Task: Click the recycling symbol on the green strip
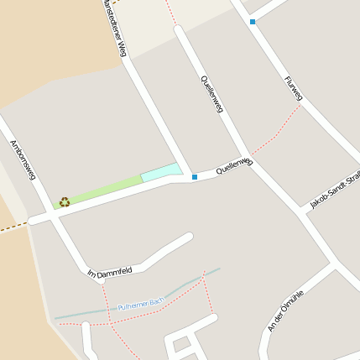tap(65, 201)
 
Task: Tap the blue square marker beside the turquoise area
tap(195, 177)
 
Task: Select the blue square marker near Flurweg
tap(252, 22)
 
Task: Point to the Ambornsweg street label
tap(22, 159)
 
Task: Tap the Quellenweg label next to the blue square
tap(234, 164)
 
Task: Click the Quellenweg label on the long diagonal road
tap(213, 95)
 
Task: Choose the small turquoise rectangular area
tap(160, 172)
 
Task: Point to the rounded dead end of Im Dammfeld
tap(188, 237)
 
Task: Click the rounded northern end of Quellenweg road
tap(179, 31)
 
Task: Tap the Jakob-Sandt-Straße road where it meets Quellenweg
tap(300, 210)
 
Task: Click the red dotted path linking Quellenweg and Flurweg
tap(277, 131)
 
